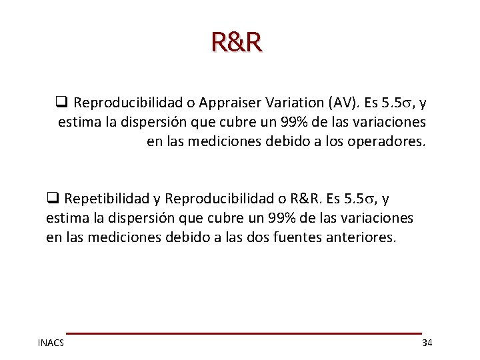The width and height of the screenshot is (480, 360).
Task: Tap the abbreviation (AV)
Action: point(339,103)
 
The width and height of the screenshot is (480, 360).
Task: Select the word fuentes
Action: point(299,237)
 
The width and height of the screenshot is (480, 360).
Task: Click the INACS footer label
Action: point(51,343)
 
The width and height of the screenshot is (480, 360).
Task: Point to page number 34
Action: point(427,343)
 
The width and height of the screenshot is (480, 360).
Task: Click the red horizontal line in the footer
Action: point(243,333)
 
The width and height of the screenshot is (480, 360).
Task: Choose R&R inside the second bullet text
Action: point(305,199)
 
